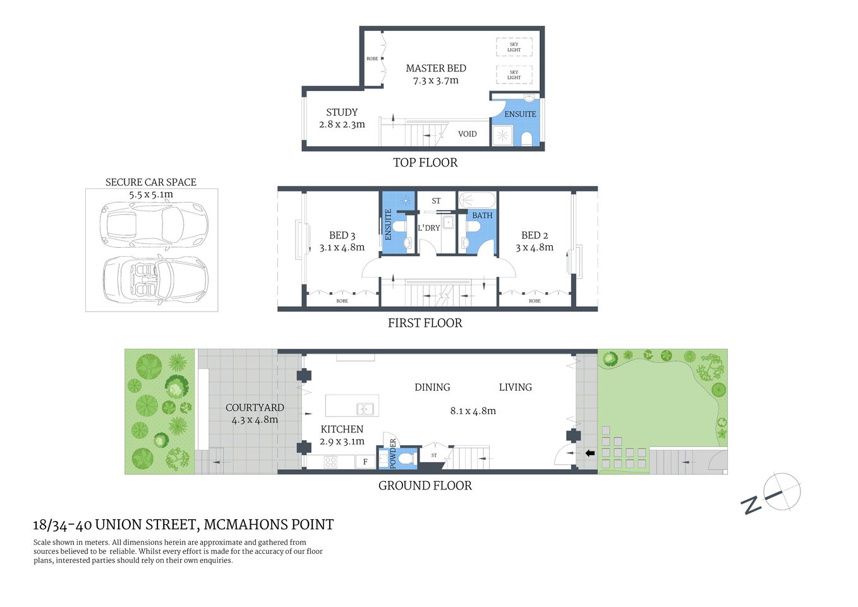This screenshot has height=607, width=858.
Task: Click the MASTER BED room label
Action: click(435, 68)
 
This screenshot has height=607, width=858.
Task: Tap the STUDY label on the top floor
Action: click(342, 112)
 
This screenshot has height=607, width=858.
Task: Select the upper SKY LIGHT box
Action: click(514, 47)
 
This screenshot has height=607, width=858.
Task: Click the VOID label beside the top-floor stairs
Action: click(468, 134)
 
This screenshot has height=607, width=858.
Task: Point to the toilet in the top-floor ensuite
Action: click(526, 138)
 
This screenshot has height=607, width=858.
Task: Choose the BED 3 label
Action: click(342, 235)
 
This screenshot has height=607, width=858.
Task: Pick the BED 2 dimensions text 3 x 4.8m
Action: click(535, 247)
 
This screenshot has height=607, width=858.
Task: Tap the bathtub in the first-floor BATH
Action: click(477, 200)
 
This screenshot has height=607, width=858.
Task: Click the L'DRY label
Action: click(428, 228)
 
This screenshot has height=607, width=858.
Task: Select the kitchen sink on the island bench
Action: click(365, 408)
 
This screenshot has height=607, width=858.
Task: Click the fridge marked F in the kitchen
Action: click(365, 462)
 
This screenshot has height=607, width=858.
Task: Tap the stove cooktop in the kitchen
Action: click(330, 462)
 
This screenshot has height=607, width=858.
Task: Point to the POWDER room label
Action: click(392, 453)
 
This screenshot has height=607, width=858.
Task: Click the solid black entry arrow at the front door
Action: click(589, 453)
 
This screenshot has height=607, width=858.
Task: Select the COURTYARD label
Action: click(255, 407)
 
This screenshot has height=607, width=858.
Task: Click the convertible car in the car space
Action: click(155, 279)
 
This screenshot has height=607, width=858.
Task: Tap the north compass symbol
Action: click(782, 492)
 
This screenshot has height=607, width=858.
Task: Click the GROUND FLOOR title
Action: click(425, 486)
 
